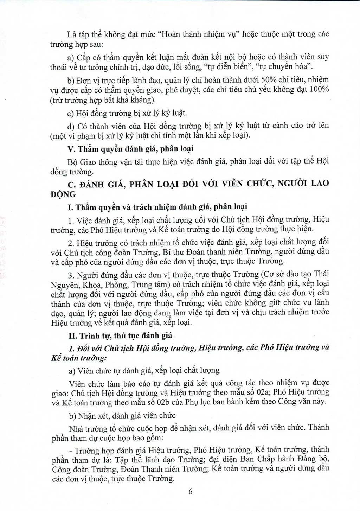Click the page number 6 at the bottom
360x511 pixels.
pyautogui.click(x=191, y=492)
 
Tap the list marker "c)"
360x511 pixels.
pyautogui.click(x=71, y=113)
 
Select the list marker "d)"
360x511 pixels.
pyautogui.click(x=71, y=126)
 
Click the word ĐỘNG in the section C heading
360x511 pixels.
pyautogui.click(x=58, y=194)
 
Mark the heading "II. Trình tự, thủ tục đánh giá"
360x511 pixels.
pyautogui.click(x=120, y=335)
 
